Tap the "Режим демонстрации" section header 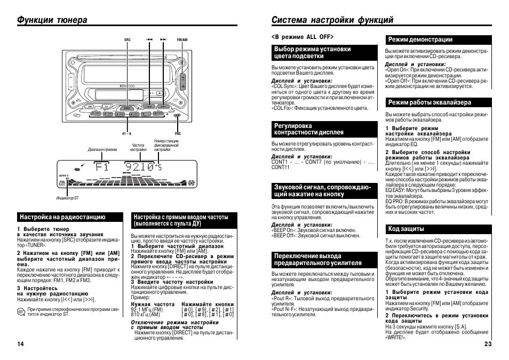[x=420, y=39]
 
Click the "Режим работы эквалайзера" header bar [x=430, y=102]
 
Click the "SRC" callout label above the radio [x=127, y=40]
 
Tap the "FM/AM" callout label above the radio [x=182, y=40]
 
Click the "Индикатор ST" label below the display [x=68, y=198]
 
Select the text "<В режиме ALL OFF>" [x=303, y=37]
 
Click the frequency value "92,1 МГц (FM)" [x=147, y=309]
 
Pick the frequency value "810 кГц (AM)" [x=146, y=315]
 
